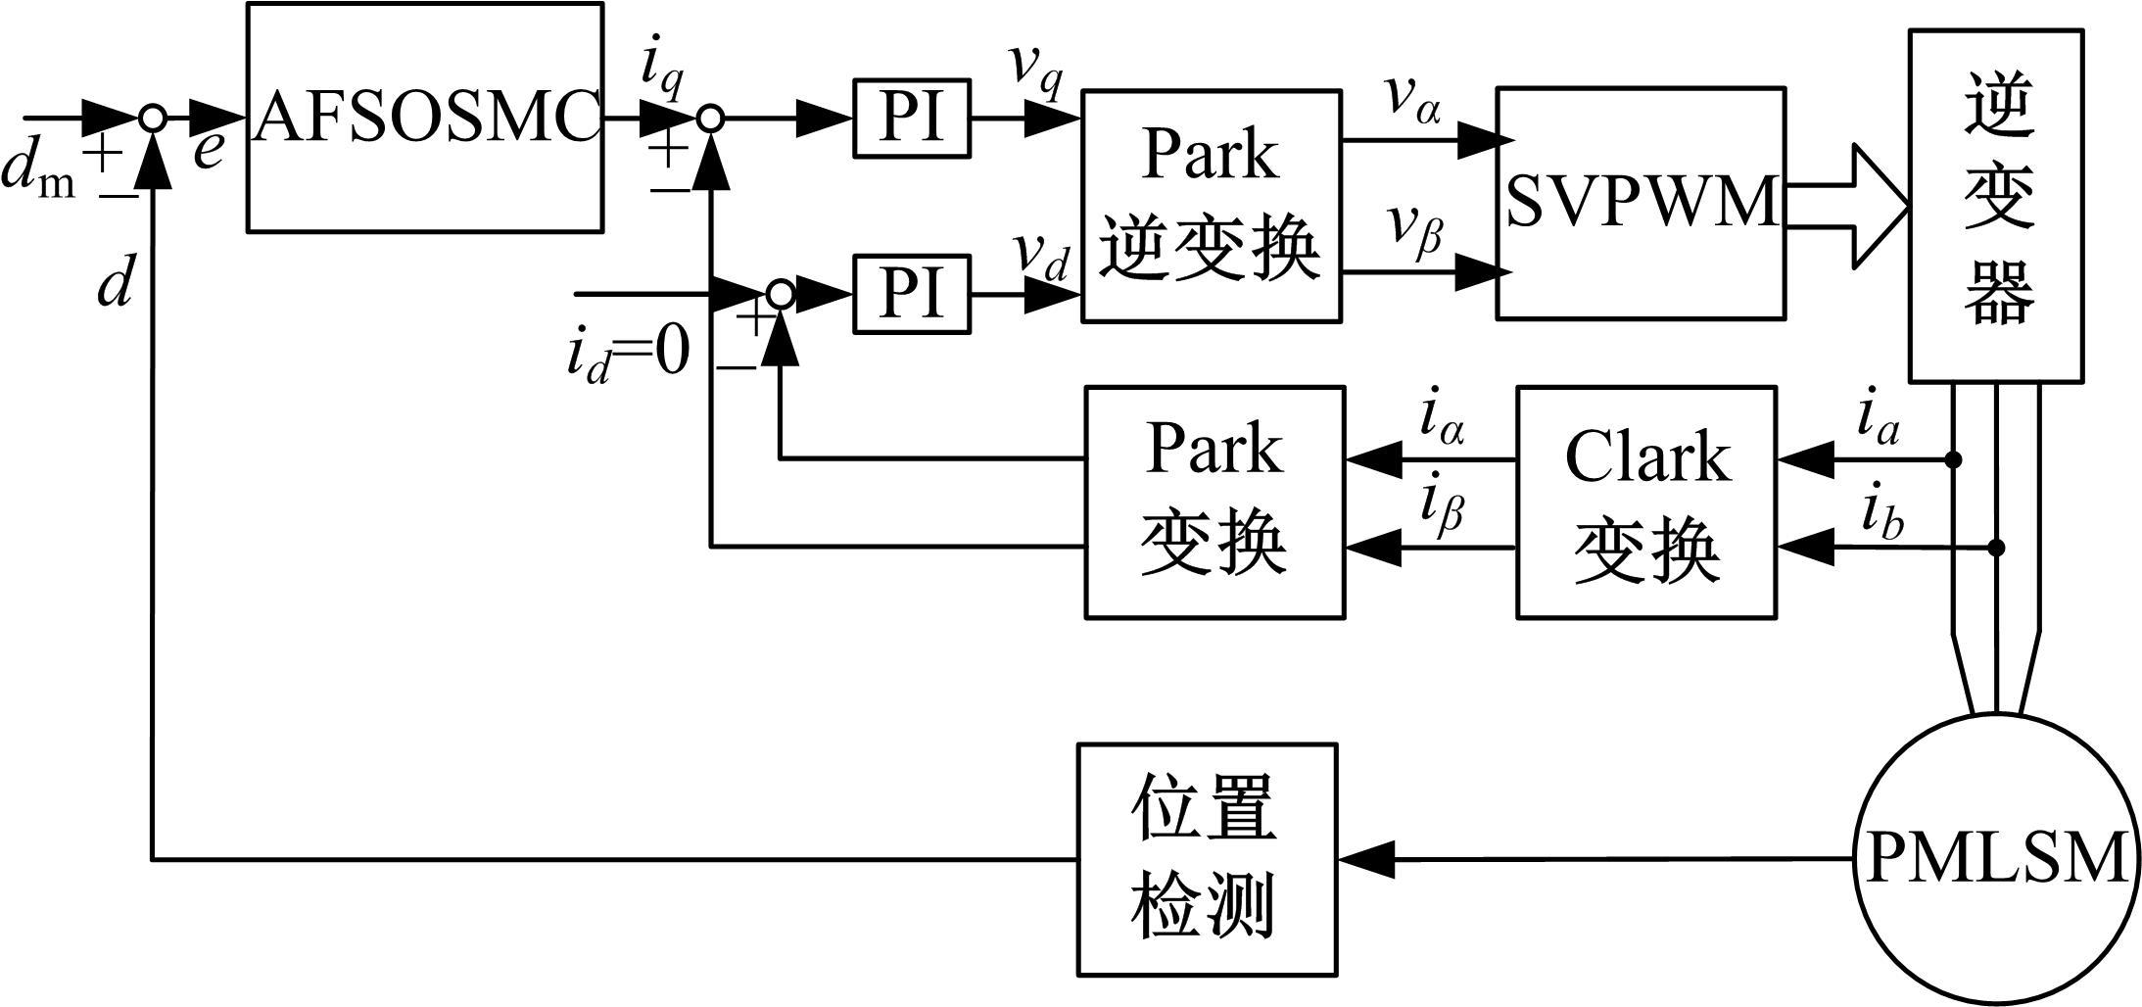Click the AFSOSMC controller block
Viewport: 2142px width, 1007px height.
pyautogui.click(x=424, y=118)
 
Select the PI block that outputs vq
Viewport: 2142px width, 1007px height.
pyautogui.click(x=912, y=119)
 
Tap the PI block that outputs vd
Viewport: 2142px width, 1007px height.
pyautogui.click(x=912, y=293)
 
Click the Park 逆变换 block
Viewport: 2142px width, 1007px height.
pyautogui.click(x=1212, y=206)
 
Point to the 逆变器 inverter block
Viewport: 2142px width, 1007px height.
pyautogui.click(x=1996, y=206)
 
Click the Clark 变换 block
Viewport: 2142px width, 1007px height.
pyautogui.click(x=1646, y=503)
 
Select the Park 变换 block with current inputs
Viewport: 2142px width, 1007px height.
pyautogui.click(x=1214, y=503)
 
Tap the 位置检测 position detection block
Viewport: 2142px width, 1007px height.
pyautogui.click(x=1207, y=859)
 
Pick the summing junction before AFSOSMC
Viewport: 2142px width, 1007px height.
pyautogui.click(x=152, y=118)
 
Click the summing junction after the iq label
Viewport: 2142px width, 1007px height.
pyautogui.click(x=710, y=119)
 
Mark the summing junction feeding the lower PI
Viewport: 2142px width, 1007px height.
pyautogui.click(x=781, y=293)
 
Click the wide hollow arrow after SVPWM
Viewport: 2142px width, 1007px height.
pyautogui.click(x=1846, y=206)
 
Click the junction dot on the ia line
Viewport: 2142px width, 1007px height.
pyautogui.click(x=1953, y=458)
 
